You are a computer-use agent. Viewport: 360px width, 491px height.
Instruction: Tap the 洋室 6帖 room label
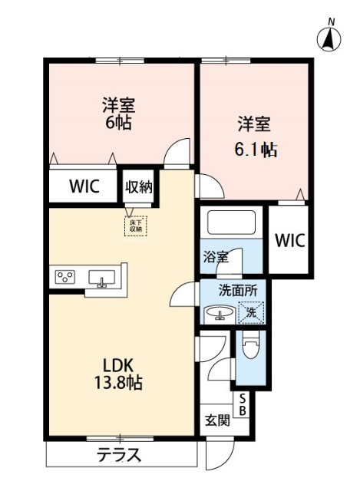[118, 113]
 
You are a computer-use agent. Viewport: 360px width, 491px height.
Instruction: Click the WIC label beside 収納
[83, 186]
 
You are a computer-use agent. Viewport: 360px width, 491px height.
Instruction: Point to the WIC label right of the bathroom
[290, 239]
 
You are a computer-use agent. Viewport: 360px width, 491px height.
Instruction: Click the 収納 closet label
[138, 186]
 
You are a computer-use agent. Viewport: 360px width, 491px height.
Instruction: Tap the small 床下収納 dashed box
[136, 226]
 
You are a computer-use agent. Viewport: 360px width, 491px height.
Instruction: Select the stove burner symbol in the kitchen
[64, 277]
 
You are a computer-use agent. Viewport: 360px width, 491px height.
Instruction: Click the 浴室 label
[216, 257]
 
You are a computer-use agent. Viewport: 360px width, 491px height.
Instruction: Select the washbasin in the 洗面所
[218, 314]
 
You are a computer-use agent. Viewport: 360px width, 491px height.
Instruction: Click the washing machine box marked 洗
[249, 312]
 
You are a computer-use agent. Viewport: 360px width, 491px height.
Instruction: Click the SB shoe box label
[242, 404]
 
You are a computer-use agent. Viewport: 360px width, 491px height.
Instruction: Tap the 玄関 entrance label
[217, 420]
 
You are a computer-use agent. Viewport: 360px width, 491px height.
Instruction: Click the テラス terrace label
[119, 455]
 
